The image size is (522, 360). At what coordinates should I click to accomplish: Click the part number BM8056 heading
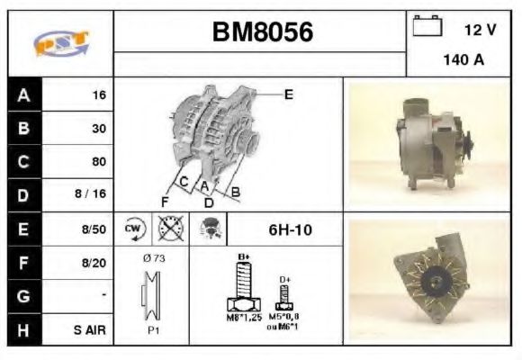pos(262,33)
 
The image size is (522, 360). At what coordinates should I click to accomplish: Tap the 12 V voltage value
pos(480,31)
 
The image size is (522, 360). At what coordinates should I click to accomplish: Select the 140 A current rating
pos(463,62)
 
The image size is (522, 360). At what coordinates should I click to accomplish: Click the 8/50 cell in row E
pos(93,230)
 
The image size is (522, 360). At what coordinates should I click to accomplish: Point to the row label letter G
pos(23,295)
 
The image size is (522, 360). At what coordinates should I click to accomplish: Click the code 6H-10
pos(290,230)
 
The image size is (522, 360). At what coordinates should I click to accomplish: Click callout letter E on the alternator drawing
pos(288,94)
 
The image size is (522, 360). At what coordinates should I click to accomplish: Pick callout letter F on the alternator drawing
pos(165,200)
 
